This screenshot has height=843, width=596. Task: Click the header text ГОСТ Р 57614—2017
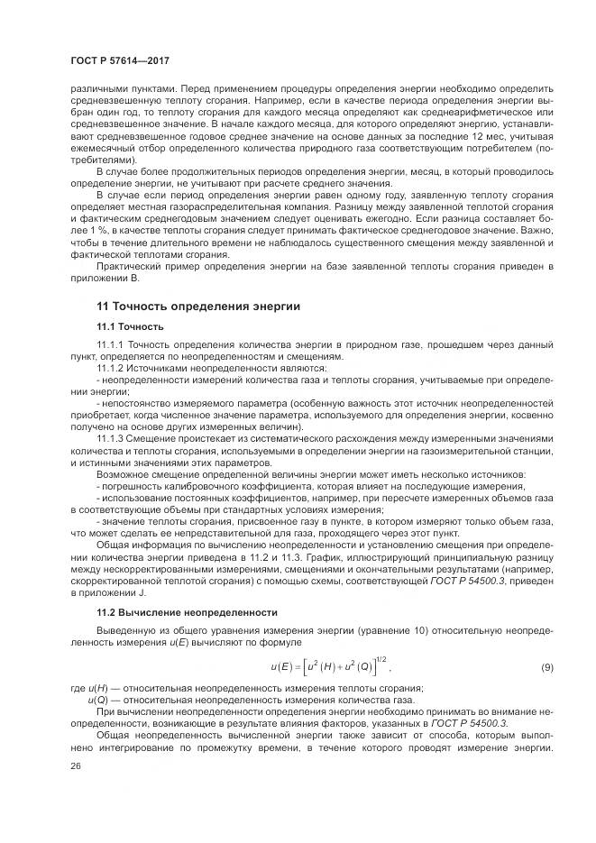click(x=120, y=60)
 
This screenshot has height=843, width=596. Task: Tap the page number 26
click(x=75, y=765)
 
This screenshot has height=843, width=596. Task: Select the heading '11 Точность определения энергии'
click(x=198, y=307)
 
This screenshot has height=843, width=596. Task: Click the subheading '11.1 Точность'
click(x=132, y=326)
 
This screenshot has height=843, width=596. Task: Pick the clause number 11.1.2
click(x=111, y=369)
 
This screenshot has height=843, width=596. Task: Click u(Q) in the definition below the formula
click(x=98, y=700)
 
